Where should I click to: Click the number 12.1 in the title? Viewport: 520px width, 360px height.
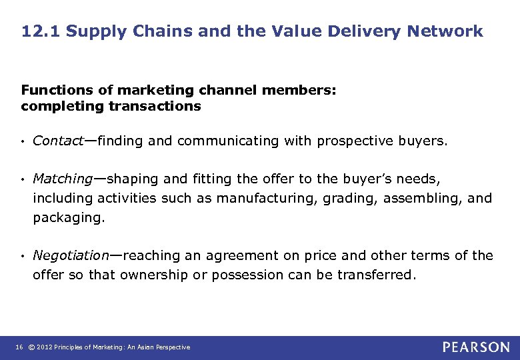(40, 31)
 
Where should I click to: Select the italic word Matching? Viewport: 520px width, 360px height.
(63, 179)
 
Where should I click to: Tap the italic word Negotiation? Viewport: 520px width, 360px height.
(71, 255)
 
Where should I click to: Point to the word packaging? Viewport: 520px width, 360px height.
(69, 217)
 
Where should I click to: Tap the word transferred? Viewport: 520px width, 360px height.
(376, 275)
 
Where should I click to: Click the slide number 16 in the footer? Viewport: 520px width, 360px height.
(18, 347)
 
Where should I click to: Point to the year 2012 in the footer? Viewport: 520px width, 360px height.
(43, 347)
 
